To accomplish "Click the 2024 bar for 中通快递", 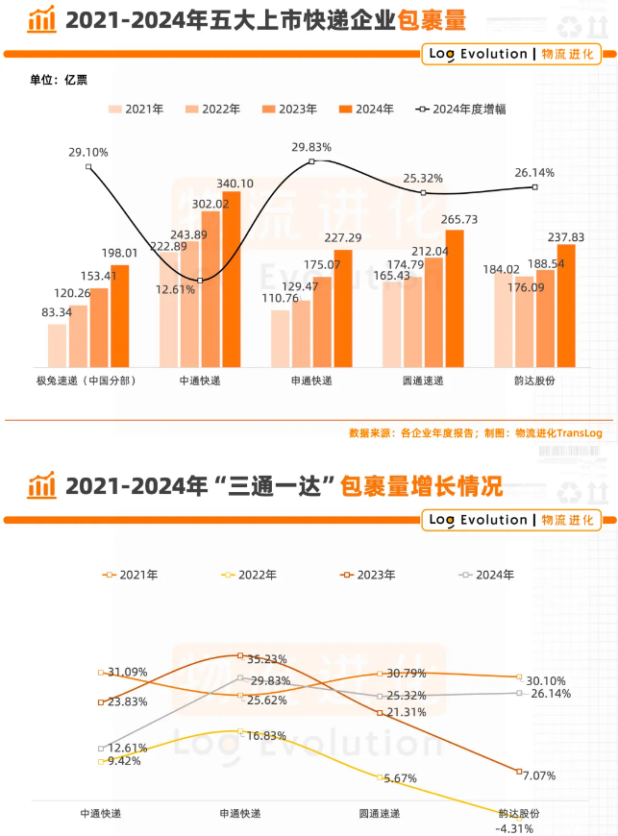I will coord(232,279).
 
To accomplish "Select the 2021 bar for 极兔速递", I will coord(58,345).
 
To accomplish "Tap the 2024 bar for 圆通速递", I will coord(455,298).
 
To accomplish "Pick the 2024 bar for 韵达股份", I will coord(566,305).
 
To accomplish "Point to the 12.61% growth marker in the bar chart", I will coord(200,281).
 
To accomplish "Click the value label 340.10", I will coord(235,184).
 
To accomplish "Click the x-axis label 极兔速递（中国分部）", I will coord(86,381).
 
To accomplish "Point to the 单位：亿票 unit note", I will coord(59,79).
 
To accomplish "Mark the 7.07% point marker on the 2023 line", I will coord(519,772).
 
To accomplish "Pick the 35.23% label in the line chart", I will coord(266,659).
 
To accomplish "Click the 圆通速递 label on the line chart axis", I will coord(380,813).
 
